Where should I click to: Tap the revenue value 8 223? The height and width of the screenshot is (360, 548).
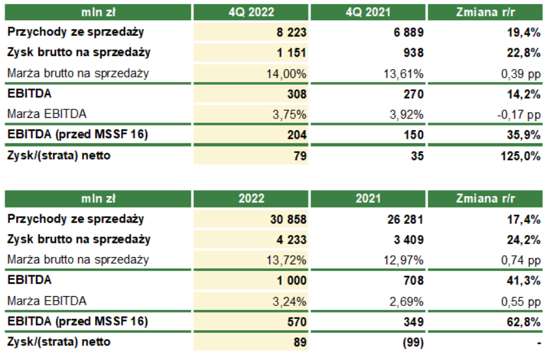point(290,32)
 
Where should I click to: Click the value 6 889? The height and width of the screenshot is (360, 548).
point(407,32)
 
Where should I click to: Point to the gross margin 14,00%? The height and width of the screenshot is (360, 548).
point(286,74)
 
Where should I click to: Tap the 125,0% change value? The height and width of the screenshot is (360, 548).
point(521,156)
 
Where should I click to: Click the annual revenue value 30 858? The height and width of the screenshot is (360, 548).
point(287,219)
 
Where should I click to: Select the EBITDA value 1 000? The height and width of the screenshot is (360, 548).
point(290,281)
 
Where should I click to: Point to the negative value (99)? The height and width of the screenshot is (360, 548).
point(411,342)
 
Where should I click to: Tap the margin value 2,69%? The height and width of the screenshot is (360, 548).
point(407,301)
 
